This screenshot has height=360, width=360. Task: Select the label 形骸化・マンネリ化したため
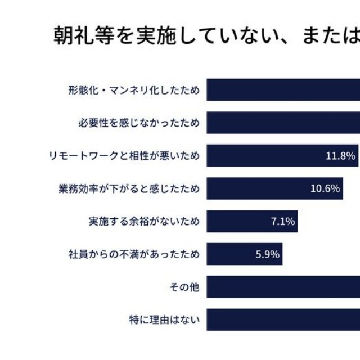click(134, 89)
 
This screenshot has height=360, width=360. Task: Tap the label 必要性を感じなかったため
click(138, 123)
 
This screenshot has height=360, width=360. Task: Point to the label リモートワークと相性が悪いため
click(124, 155)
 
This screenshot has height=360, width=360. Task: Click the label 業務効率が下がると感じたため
click(129, 188)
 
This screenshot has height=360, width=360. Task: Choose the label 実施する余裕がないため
click(144, 221)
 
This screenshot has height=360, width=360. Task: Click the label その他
click(184, 287)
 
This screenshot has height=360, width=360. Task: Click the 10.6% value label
click(325, 188)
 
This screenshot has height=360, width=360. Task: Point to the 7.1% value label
click(283, 222)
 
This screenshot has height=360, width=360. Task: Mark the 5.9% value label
click(267, 254)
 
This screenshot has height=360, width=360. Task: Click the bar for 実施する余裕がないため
click(252, 222)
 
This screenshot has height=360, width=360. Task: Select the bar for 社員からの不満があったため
click(244, 254)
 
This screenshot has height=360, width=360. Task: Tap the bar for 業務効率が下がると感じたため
click(274, 188)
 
